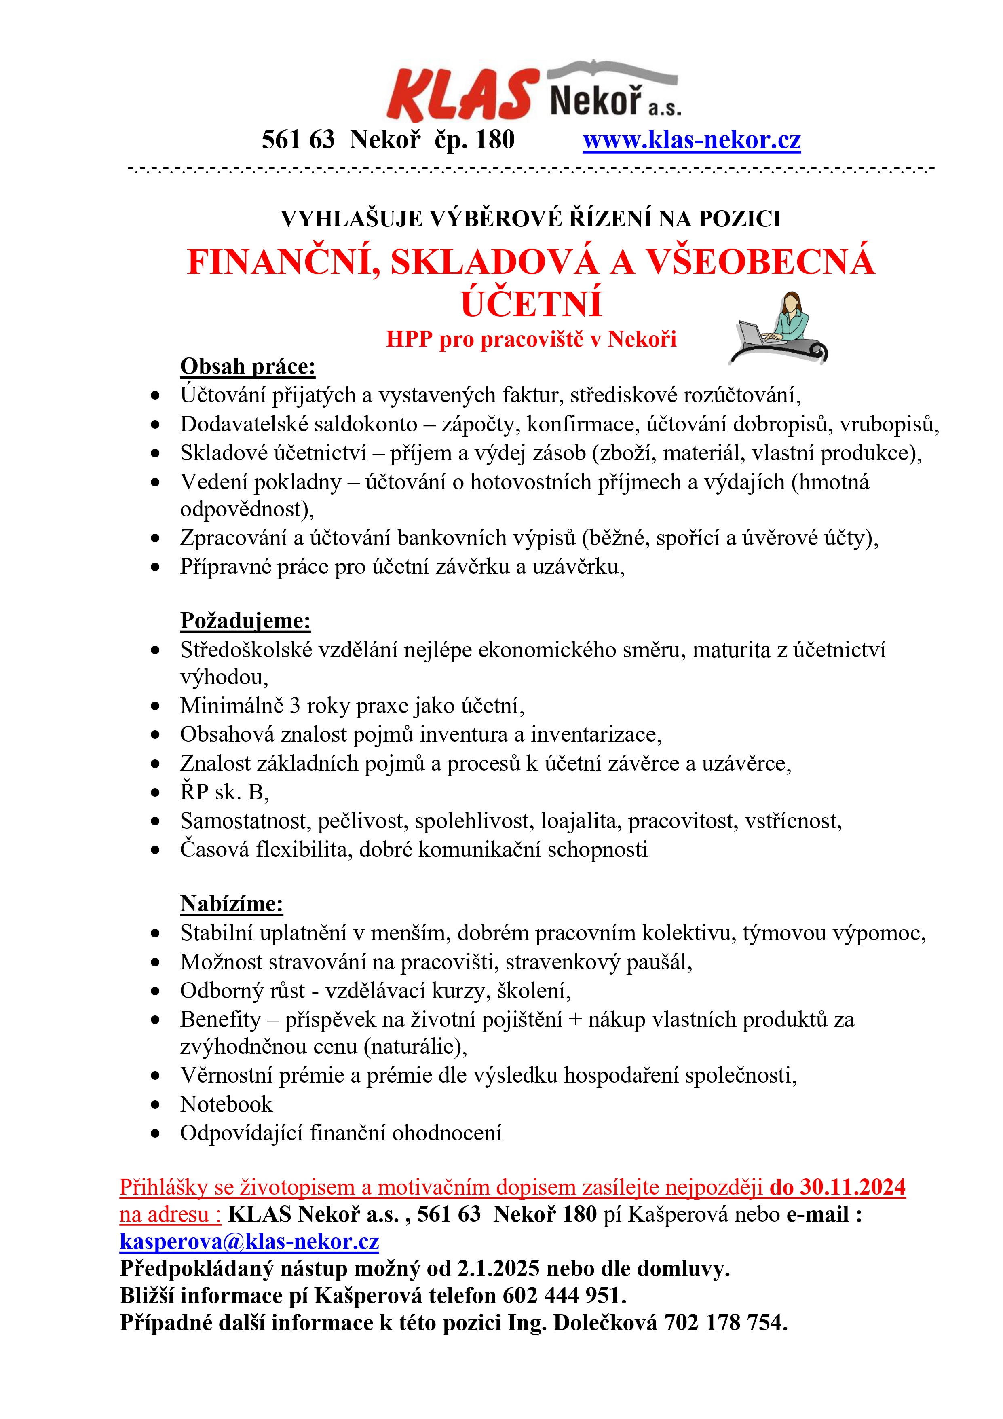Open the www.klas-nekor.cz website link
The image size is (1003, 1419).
tap(692, 140)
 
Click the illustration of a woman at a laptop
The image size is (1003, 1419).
tap(779, 328)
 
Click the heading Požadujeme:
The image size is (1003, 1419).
tap(245, 620)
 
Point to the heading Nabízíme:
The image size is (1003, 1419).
tap(232, 903)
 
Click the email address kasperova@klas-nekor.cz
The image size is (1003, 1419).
tap(249, 1241)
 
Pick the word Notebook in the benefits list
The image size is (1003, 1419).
tap(226, 1104)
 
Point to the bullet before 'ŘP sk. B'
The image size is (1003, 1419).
tap(155, 792)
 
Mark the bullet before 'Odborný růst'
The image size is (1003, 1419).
tap(155, 991)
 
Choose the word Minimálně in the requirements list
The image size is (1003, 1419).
tap(232, 705)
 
